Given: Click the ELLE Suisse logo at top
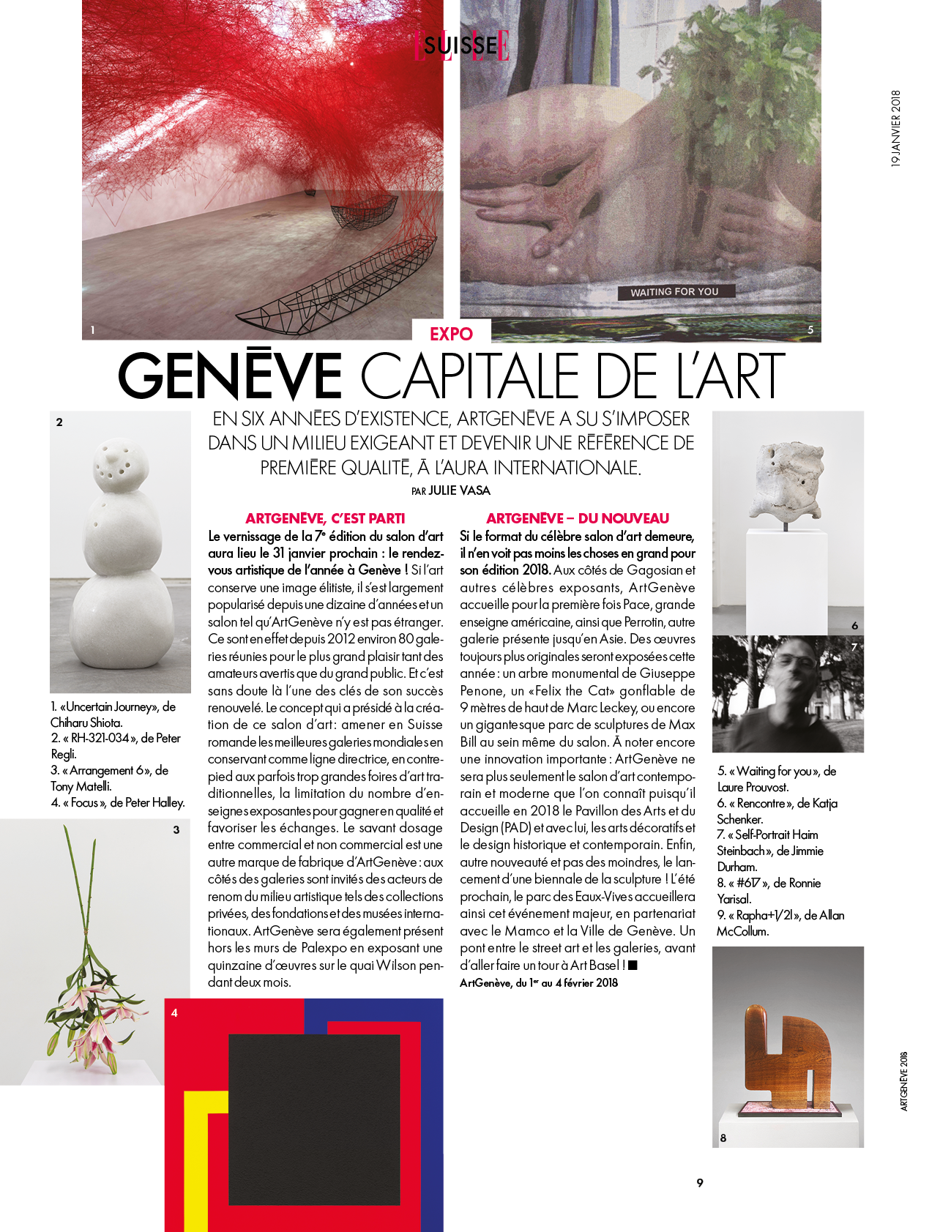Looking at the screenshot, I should coord(462,45).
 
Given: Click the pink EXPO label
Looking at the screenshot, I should coord(451,334).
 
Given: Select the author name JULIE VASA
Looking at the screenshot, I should coord(459,490).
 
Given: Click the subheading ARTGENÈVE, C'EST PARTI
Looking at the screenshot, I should coord(325,518).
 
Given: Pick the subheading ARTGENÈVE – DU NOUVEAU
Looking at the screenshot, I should coord(578,518).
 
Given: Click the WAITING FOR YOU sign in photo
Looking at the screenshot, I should coord(674,292).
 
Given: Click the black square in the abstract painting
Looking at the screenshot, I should coord(314,1119).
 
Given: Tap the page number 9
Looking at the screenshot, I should coord(700,1183).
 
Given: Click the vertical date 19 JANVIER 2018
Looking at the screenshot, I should coord(895,129).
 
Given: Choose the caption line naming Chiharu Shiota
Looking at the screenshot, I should coord(113,714).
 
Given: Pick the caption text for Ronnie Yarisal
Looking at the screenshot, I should coord(769,891).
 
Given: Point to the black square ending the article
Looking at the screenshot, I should coord(633,965).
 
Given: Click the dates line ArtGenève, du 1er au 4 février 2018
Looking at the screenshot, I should coord(539,983).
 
